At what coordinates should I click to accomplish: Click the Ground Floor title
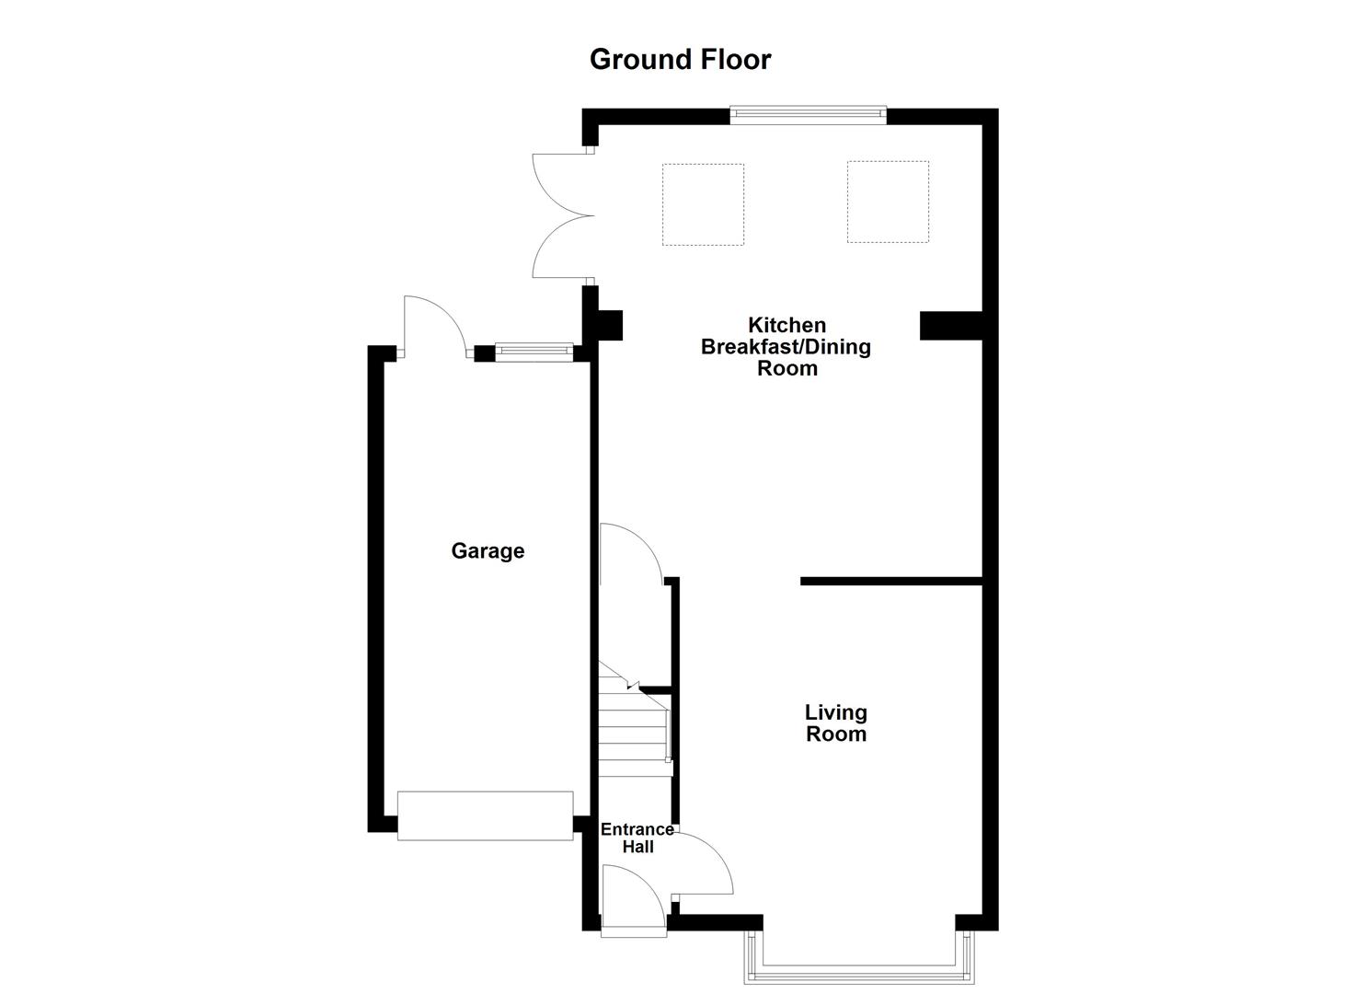(680, 60)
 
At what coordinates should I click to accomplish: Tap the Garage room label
(488, 550)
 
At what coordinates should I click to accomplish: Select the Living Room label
(835, 722)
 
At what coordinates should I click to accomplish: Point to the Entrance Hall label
(637, 838)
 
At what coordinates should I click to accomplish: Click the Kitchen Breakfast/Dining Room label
(786, 346)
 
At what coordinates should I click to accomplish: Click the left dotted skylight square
(703, 204)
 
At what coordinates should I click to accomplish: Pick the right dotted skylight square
(888, 202)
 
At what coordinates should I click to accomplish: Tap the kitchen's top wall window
(809, 115)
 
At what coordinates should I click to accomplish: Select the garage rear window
(534, 351)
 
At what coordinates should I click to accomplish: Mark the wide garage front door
(485, 815)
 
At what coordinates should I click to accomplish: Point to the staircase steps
(633, 732)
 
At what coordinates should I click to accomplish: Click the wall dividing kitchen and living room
(890, 581)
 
